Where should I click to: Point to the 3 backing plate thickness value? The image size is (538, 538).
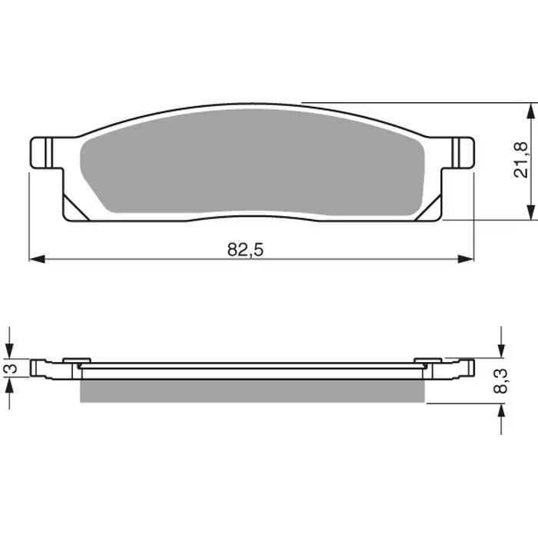[9, 368]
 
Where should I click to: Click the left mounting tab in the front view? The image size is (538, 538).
[45, 151]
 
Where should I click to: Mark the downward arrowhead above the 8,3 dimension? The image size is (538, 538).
[502, 350]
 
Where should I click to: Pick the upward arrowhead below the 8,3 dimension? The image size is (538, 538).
[502, 410]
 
